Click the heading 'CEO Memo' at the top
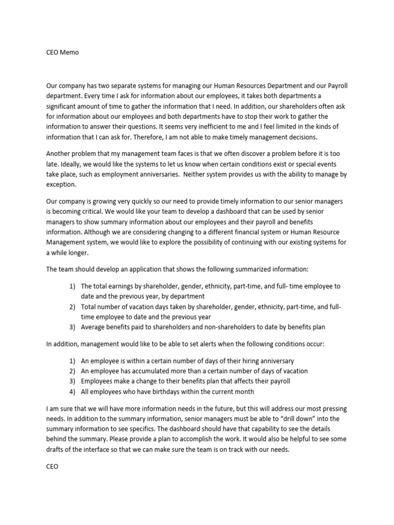coord(63,53)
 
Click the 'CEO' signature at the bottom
coord(52,467)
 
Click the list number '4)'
coord(73,392)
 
